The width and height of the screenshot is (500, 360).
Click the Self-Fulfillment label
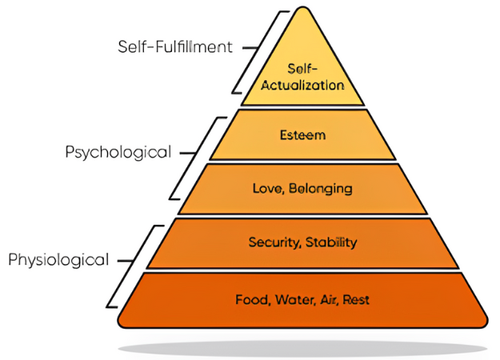pos(175,47)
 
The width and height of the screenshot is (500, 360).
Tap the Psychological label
pos(118,153)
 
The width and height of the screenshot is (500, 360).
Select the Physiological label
pos(58,260)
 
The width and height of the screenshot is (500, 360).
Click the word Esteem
pos(302,135)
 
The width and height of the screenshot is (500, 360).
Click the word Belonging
pos(321,189)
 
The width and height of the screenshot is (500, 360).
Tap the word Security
pos(274,242)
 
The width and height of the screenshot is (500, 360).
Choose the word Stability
pos(331,242)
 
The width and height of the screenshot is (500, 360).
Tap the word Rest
pos(356,300)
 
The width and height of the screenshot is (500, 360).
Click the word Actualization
pos(302,86)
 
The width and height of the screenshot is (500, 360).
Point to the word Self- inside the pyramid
pos(302,69)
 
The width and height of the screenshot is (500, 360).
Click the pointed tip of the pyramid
pos(302,7)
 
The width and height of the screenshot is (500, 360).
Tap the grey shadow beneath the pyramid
pos(302,348)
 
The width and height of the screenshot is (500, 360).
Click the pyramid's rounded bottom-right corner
pos(485,322)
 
